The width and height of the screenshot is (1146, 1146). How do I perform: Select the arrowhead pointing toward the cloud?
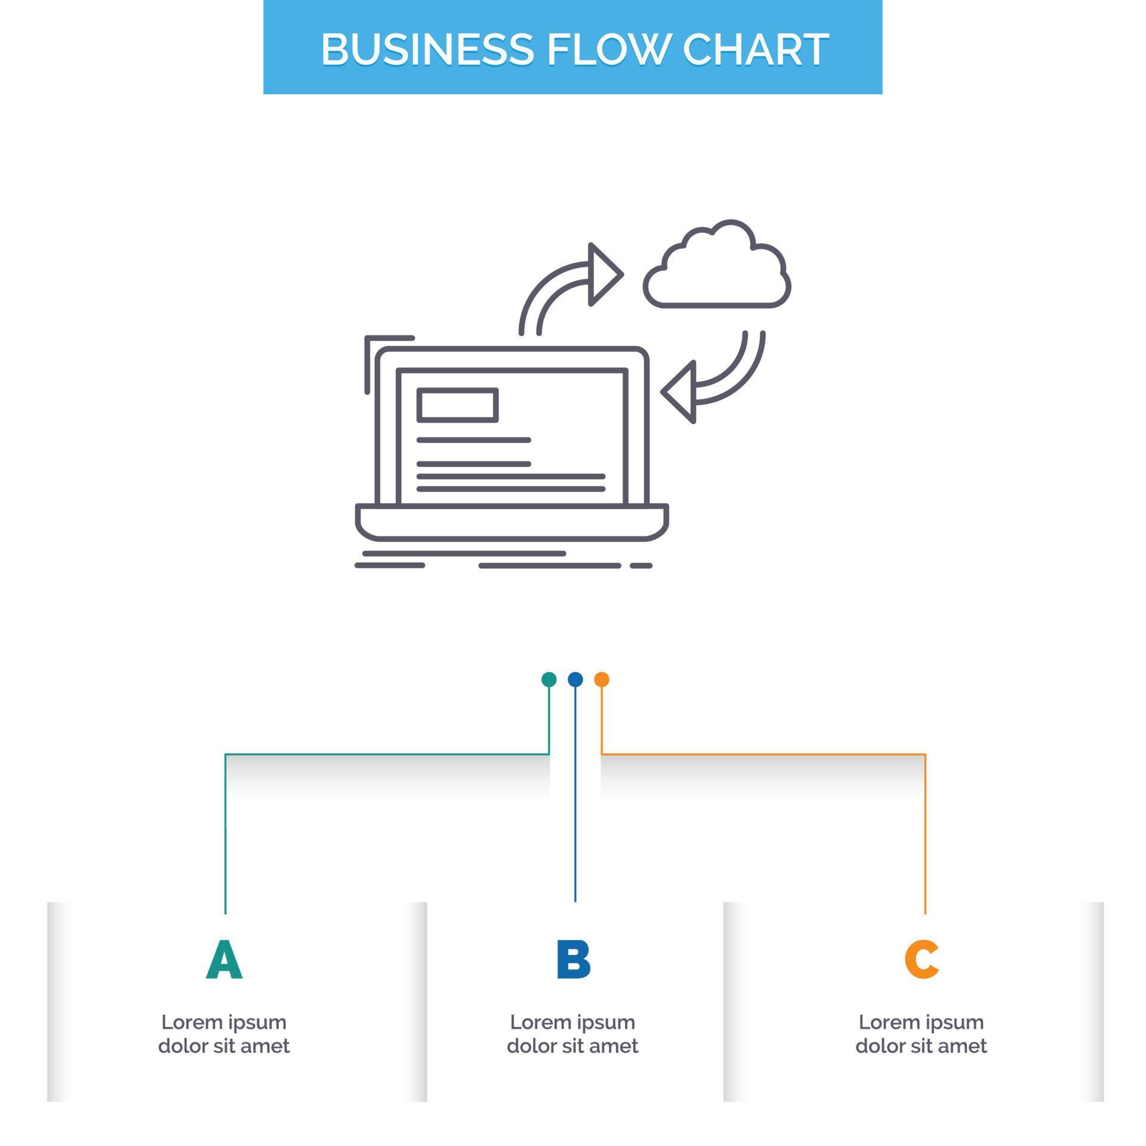tap(603, 275)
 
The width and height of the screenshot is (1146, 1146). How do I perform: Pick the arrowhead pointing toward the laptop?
tap(680, 392)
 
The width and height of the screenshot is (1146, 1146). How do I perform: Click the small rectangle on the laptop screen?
tap(457, 405)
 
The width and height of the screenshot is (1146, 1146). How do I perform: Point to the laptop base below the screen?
tap(512, 522)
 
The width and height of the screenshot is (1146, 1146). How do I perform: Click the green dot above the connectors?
tap(549, 679)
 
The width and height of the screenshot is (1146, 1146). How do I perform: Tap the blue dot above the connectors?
tap(575, 679)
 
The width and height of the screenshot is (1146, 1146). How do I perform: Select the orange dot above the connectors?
tap(602, 679)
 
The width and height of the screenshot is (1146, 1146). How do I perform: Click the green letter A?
tap(224, 960)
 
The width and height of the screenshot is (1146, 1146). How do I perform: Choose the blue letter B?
tap(573, 960)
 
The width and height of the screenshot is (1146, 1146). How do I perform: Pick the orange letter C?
tap(921, 960)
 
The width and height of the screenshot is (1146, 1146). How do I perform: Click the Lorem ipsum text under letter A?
tap(224, 1034)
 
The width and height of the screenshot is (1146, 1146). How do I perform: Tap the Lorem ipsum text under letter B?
tap(573, 1034)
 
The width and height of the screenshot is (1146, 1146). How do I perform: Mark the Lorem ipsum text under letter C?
tap(921, 1034)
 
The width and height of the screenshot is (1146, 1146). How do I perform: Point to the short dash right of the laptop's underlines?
tap(641, 565)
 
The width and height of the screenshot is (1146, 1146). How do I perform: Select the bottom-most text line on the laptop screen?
tap(511, 489)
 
